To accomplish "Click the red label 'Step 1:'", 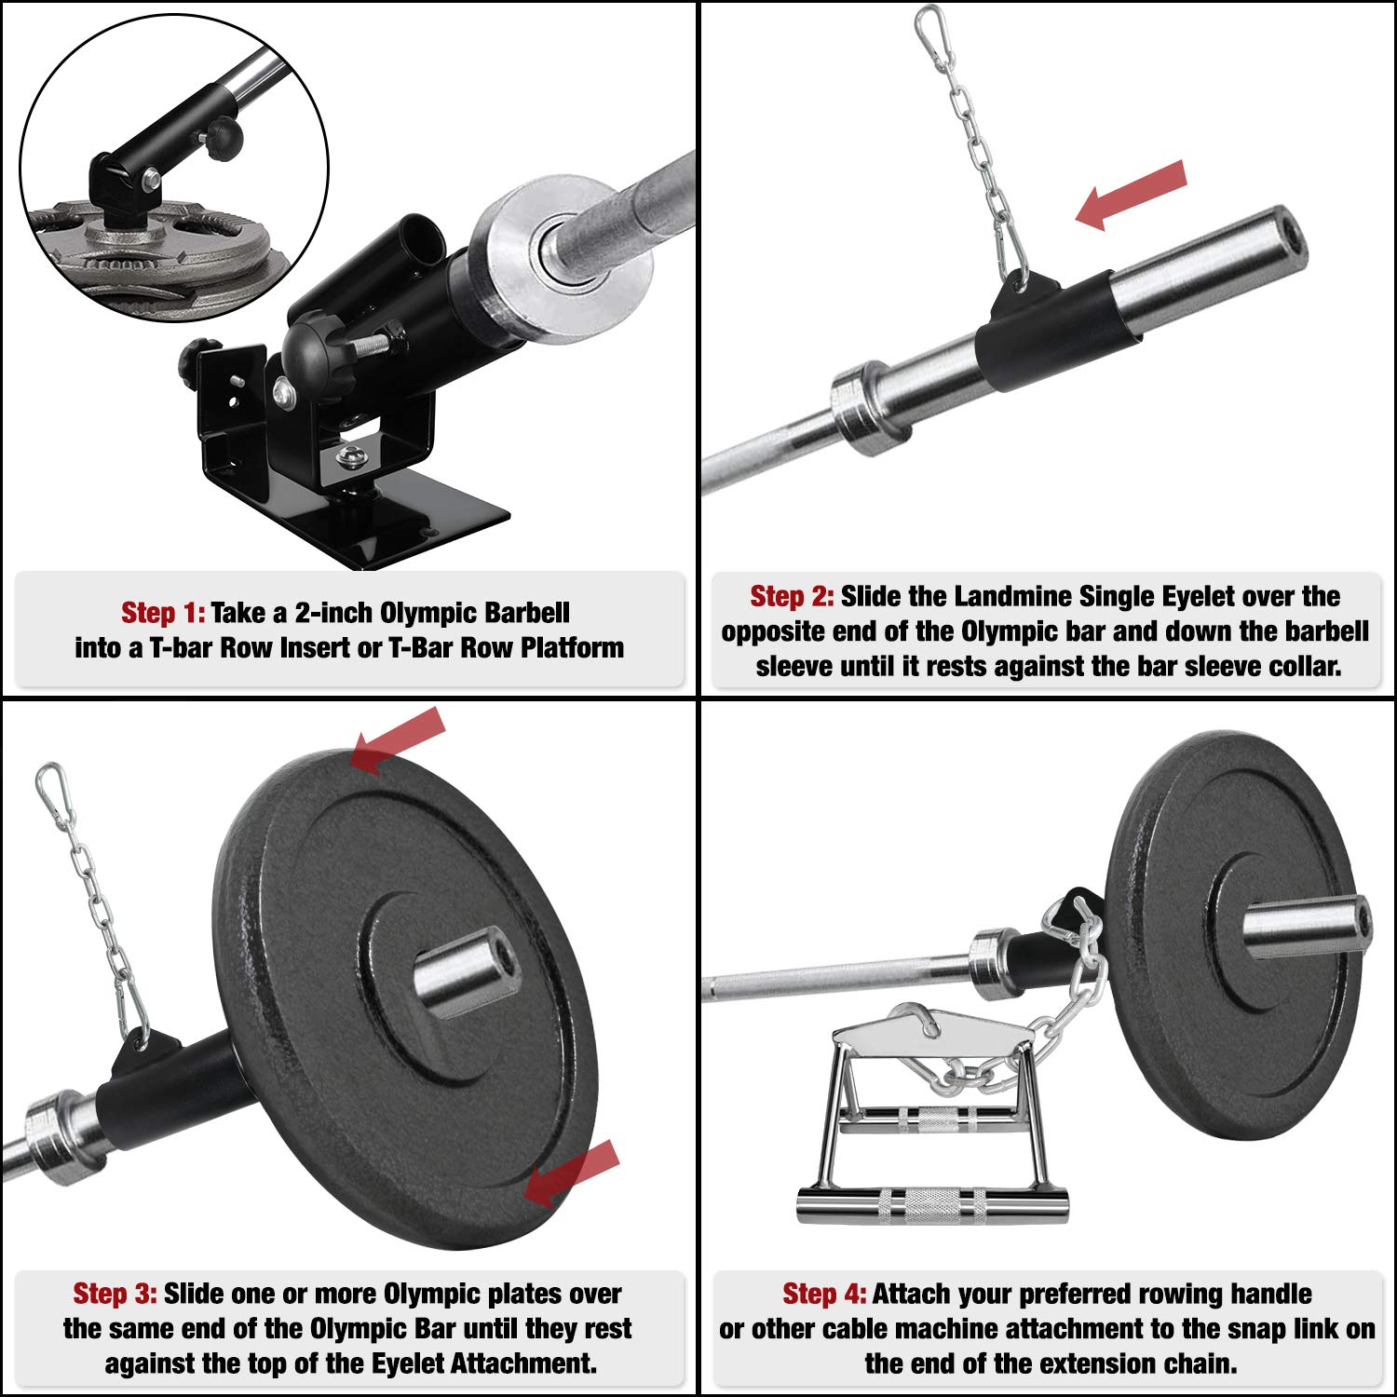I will (163, 613).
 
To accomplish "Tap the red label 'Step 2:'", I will (792, 596).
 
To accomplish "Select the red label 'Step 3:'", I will (115, 1294).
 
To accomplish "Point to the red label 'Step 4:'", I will (824, 1294).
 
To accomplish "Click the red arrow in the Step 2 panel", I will (1131, 195).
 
